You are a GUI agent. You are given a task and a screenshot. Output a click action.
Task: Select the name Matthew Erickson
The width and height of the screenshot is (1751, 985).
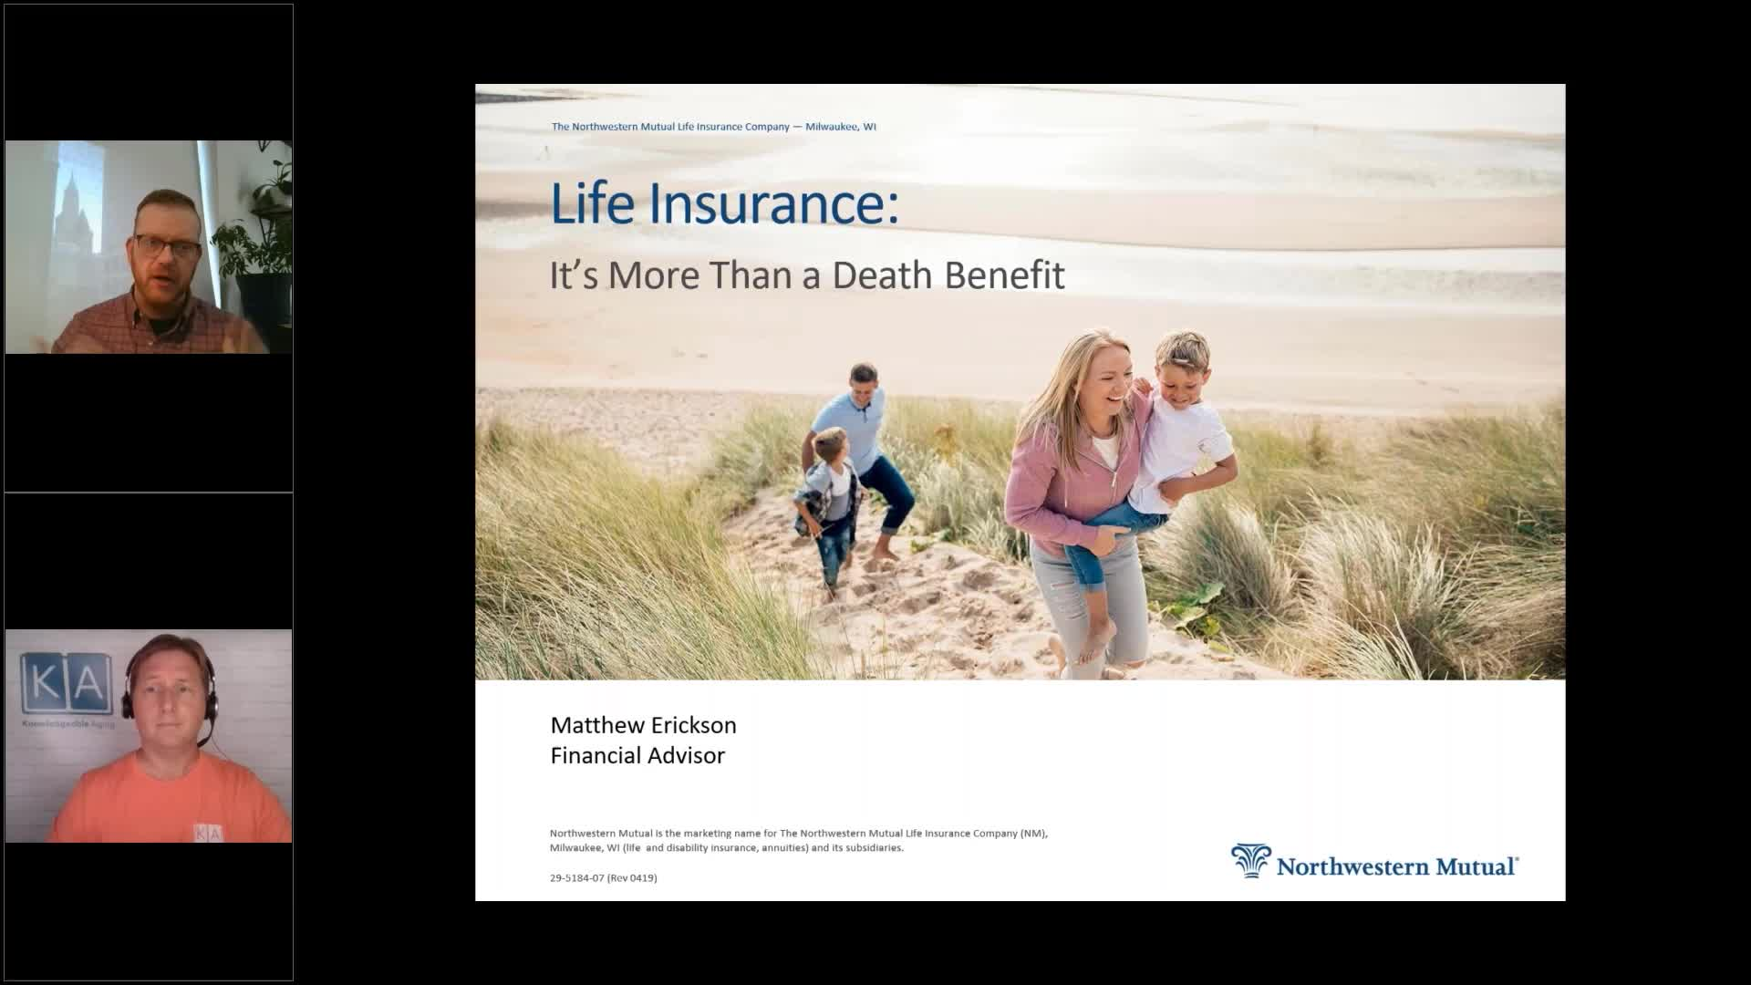pyautogui.click(x=643, y=725)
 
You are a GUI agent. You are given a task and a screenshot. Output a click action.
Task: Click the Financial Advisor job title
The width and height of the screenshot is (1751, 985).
pyautogui.click(x=637, y=755)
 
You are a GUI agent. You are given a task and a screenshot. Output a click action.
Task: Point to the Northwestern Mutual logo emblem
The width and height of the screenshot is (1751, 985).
pyautogui.click(x=1250, y=861)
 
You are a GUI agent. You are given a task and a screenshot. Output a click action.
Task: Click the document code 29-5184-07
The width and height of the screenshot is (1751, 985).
pyautogui.click(x=576, y=877)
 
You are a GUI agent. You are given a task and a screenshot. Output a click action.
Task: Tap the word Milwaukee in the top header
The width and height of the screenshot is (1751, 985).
pyautogui.click(x=831, y=127)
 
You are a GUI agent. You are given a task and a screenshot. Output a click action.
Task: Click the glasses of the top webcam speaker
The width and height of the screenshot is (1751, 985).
pyautogui.click(x=167, y=245)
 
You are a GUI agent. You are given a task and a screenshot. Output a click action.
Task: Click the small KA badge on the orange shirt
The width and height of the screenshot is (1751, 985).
pyautogui.click(x=207, y=833)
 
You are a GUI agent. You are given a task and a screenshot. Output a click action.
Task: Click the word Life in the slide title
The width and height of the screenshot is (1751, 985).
pyautogui.click(x=592, y=203)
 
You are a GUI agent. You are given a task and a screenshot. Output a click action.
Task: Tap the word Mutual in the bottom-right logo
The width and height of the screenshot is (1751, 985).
pyautogui.click(x=1475, y=866)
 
